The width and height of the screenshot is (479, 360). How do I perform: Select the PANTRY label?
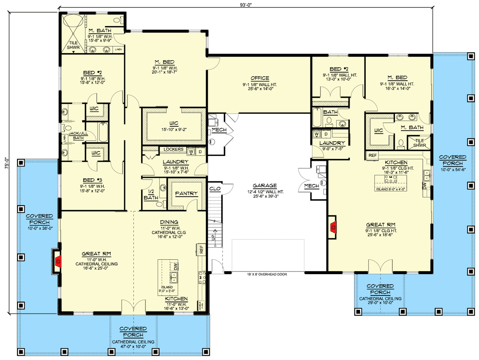(x=186, y=194)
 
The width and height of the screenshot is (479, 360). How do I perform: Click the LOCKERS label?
(x=173, y=149)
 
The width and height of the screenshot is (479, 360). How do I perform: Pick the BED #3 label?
(x=92, y=179)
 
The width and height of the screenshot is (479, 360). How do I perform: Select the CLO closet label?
(x=215, y=189)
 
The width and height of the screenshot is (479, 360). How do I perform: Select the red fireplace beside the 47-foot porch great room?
(x=58, y=262)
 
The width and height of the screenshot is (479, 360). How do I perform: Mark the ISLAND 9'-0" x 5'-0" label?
(x=167, y=290)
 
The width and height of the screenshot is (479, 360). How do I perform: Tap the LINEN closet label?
(x=118, y=50)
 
